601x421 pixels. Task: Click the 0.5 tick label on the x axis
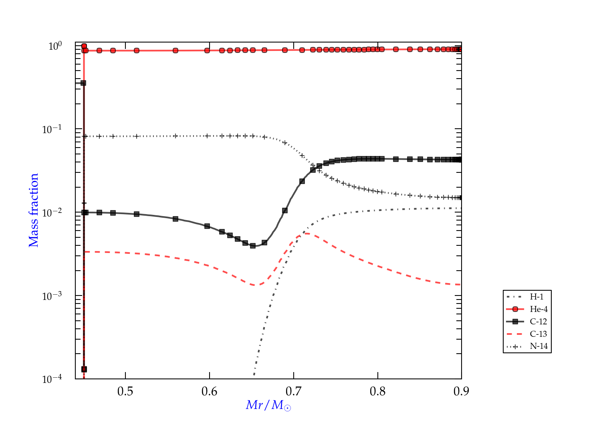tap(125, 391)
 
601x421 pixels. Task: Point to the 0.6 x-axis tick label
tap(210, 391)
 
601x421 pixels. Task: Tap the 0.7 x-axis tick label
tap(294, 391)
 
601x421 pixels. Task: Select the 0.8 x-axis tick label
tap(377, 391)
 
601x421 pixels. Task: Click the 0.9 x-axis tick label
tap(461, 391)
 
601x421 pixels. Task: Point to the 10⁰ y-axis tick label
tap(55, 47)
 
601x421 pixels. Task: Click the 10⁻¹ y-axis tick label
tap(55, 130)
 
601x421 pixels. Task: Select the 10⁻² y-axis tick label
tap(55, 213)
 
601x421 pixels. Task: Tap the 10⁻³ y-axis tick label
tap(55, 296)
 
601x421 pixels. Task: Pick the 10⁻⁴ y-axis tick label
tap(55, 379)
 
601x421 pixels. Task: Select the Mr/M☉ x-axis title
tap(268, 405)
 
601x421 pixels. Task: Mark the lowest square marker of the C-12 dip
tap(253, 246)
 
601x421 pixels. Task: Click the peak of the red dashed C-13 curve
tap(305, 233)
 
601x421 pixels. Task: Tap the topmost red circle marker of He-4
tap(84, 46)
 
